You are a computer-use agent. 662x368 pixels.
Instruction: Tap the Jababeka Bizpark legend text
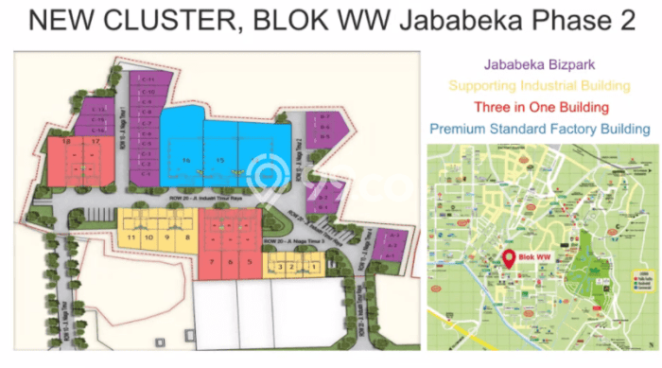pos(539,66)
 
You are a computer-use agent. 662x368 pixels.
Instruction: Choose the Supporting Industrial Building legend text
pos(539,86)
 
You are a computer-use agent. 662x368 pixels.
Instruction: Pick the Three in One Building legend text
pos(539,107)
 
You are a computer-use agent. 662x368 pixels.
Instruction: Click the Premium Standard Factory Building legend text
pos(539,128)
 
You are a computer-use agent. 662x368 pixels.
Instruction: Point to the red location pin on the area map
pos(511,256)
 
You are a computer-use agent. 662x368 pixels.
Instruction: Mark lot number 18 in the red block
pos(67,142)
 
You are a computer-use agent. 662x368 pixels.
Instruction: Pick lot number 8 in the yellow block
pos(188,237)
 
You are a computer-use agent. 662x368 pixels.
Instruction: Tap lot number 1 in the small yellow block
pos(313,268)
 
